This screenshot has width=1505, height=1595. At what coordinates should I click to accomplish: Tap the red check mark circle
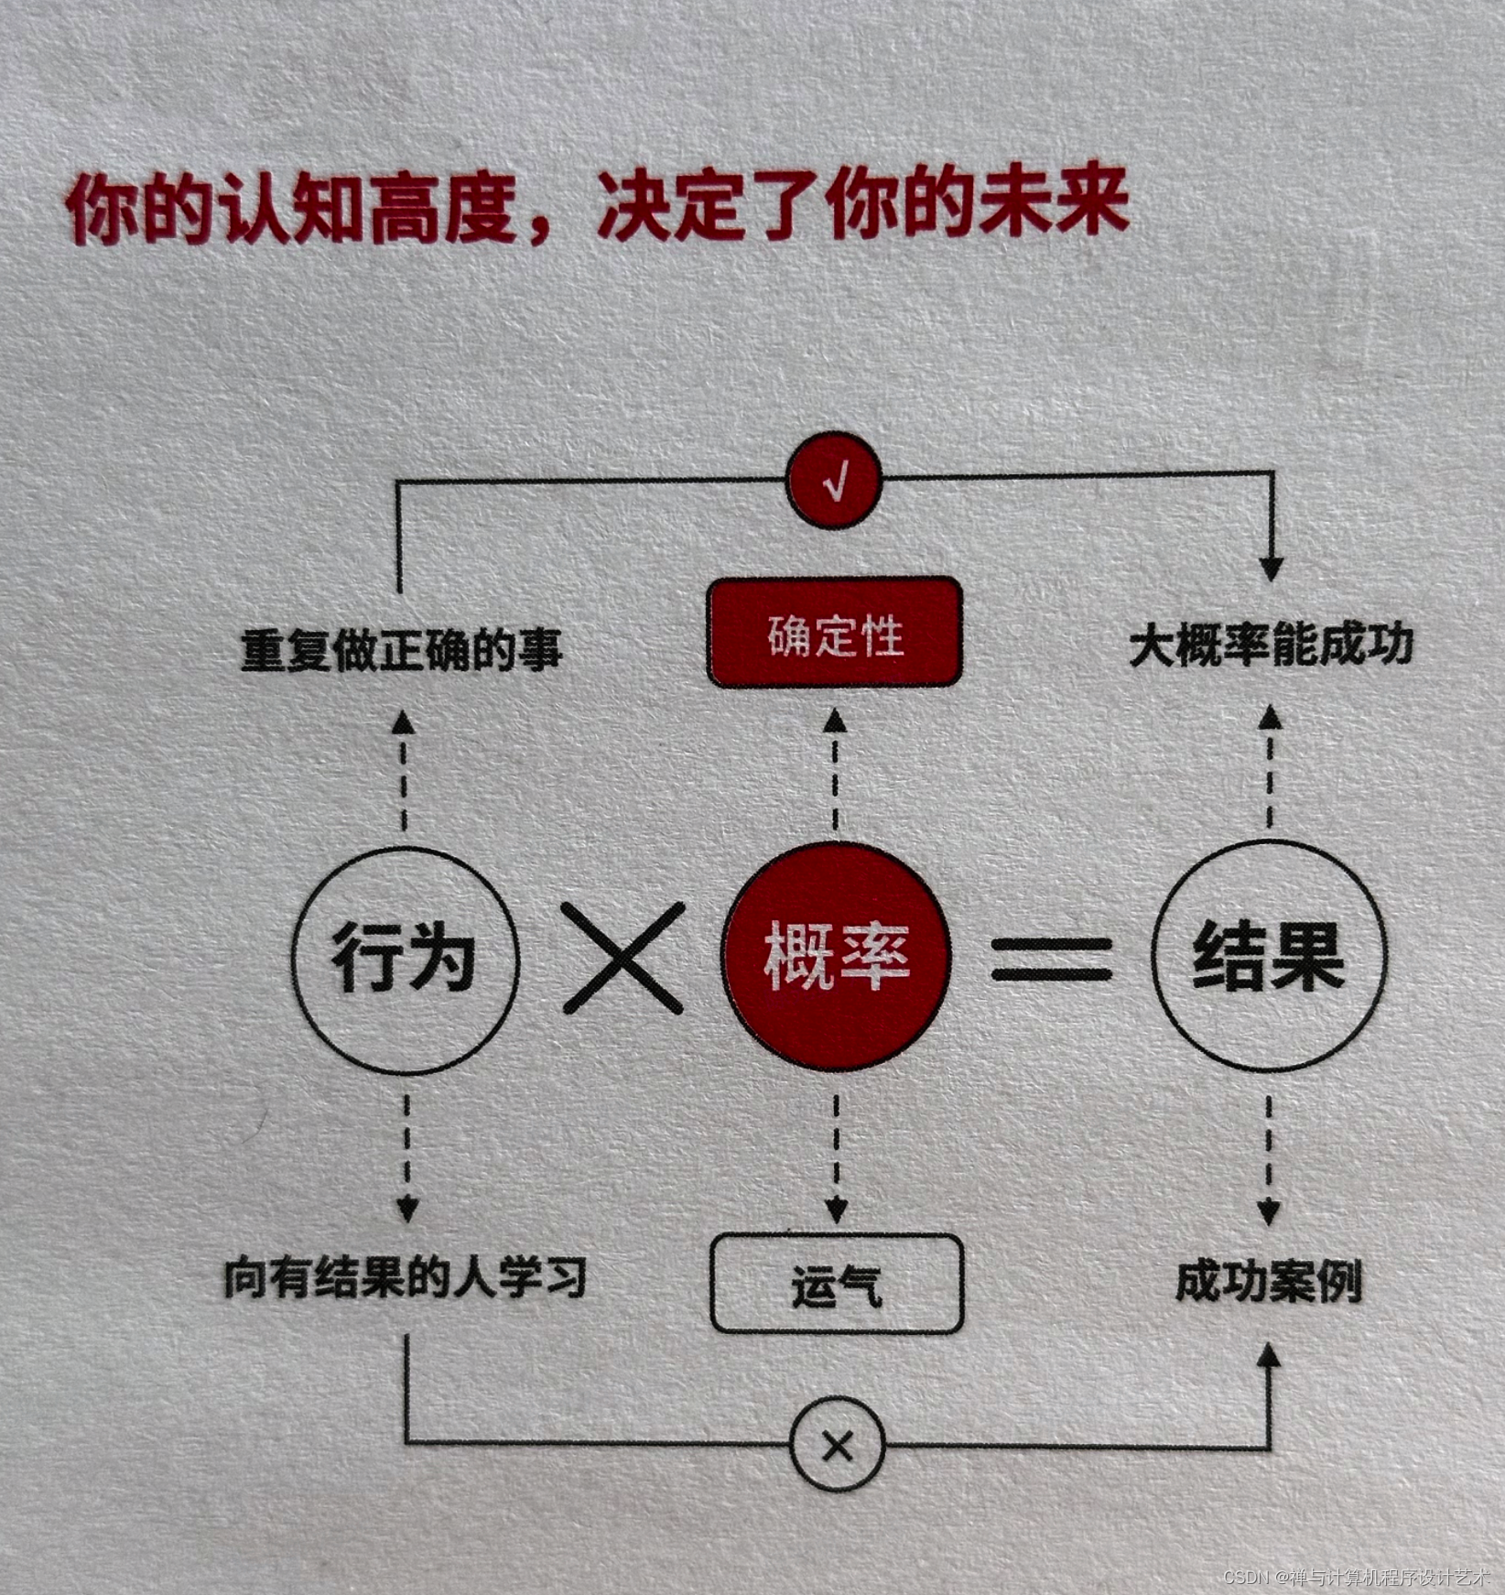(x=835, y=479)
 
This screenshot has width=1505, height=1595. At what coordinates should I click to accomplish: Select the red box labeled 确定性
(x=835, y=633)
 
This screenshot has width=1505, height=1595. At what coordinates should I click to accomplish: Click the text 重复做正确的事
(x=401, y=648)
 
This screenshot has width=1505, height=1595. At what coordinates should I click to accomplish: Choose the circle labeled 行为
(x=405, y=958)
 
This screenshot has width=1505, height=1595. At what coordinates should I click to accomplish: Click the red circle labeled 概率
(x=835, y=956)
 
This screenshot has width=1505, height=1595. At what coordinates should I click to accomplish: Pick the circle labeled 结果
(x=1269, y=956)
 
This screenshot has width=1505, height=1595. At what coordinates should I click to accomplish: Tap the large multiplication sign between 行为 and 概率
(x=623, y=958)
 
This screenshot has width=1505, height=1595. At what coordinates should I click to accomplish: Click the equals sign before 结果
(x=1052, y=958)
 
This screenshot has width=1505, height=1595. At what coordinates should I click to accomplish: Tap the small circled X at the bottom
(x=837, y=1447)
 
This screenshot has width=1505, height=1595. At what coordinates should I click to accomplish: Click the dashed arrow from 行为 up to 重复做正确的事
(x=404, y=774)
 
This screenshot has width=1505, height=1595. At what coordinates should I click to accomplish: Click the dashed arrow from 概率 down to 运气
(x=836, y=1158)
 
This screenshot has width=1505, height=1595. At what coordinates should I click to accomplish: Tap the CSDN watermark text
(x=1356, y=1577)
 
